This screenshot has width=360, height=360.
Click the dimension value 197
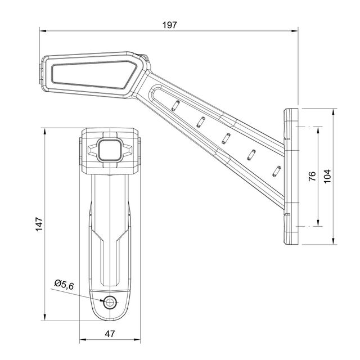169,25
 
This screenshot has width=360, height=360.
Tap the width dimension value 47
110,334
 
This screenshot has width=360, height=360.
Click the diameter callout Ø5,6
64,285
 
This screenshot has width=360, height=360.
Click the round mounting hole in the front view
110,303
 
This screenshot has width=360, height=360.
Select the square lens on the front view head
110,150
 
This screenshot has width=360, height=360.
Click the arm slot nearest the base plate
276,170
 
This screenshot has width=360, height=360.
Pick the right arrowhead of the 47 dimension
138,340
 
